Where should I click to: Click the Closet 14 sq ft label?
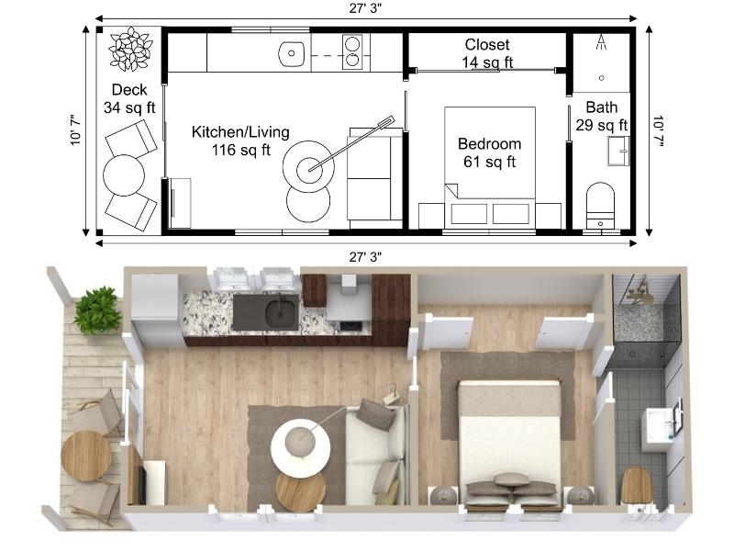tap(487, 53)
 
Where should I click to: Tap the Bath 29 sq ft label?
tap(602, 116)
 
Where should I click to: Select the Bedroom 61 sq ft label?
tap(489, 152)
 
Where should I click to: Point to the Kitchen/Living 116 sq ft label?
tap(240, 141)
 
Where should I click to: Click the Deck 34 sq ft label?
tap(129, 98)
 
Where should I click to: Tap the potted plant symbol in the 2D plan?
tap(130, 49)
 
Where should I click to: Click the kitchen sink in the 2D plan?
tap(292, 53)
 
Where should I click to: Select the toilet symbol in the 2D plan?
tap(601, 203)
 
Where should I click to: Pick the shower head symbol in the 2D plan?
tap(603, 41)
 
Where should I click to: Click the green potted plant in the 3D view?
tap(97, 309)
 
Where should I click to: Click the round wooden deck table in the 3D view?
tap(86, 455)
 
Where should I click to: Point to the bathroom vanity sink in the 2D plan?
tap(618, 149)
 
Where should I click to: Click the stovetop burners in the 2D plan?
tap(352, 52)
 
